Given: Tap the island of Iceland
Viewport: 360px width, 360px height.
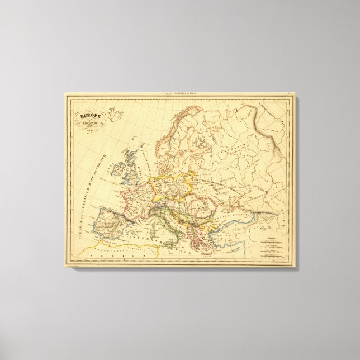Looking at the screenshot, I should (116, 115).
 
